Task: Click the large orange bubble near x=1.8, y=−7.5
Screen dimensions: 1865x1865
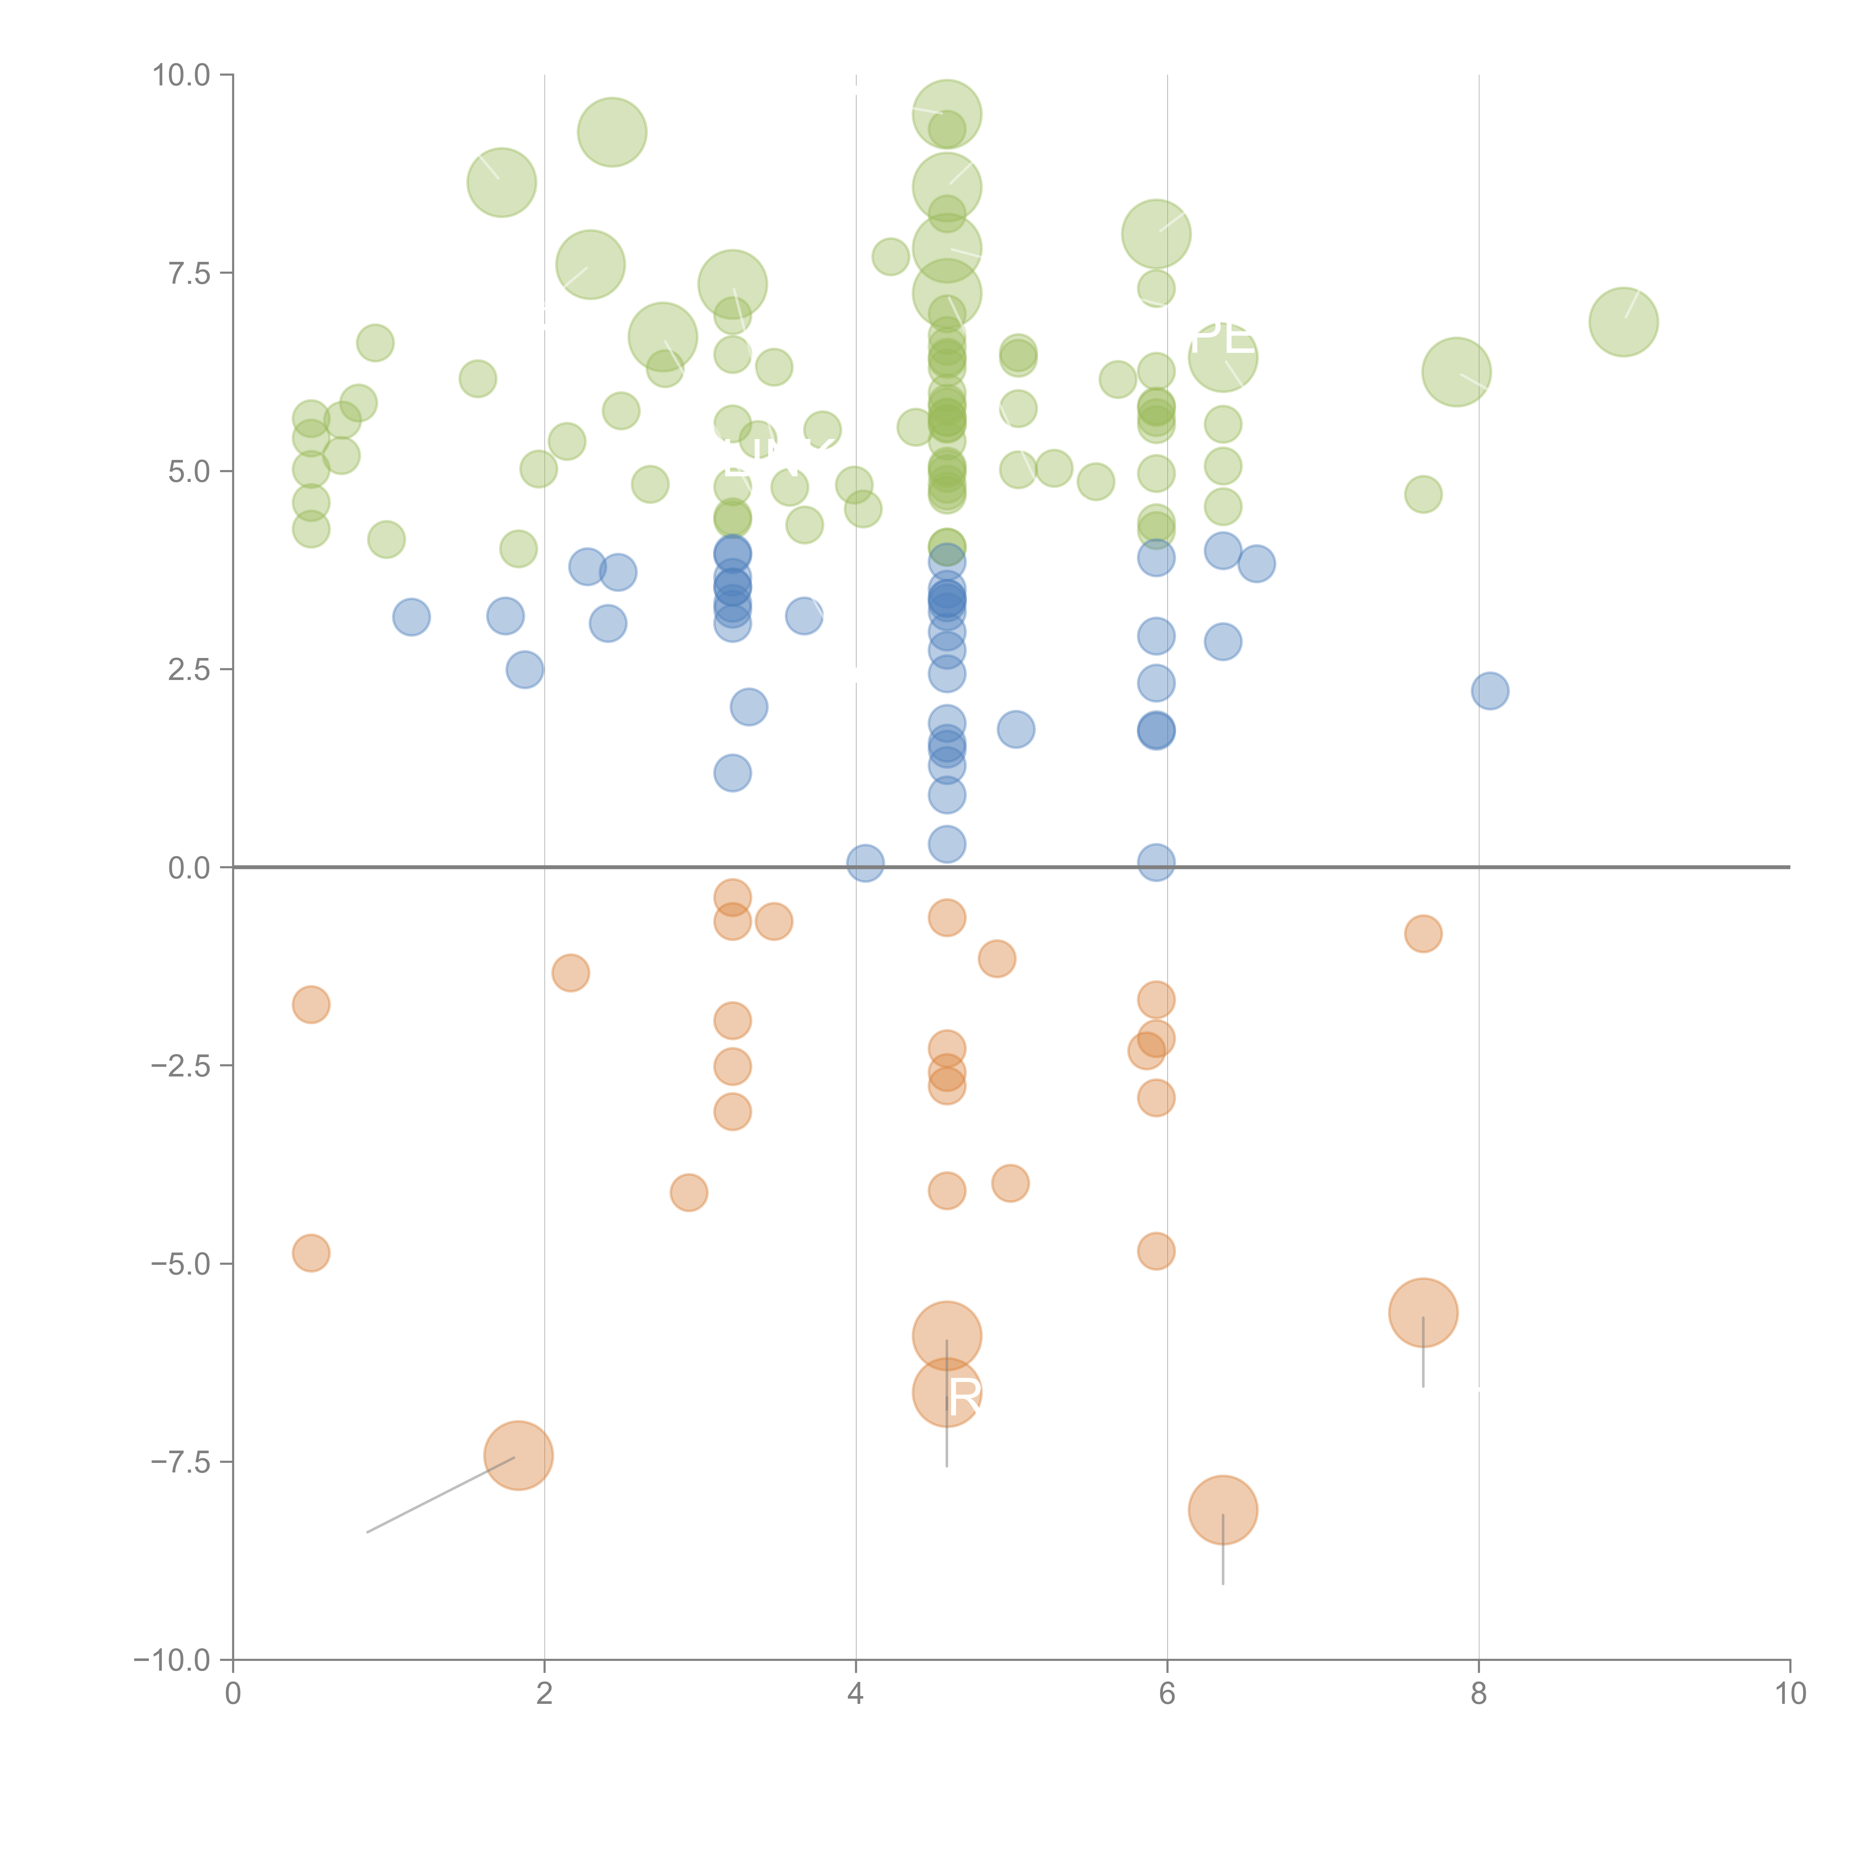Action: [518, 1456]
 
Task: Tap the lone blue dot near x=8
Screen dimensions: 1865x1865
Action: [1489, 690]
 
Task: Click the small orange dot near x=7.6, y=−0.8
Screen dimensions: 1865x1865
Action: [1423, 934]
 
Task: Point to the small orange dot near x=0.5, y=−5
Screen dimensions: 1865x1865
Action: [311, 1253]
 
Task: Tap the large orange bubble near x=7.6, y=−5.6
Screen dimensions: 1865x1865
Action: [1423, 1313]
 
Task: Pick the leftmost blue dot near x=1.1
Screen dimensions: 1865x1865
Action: [411, 617]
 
